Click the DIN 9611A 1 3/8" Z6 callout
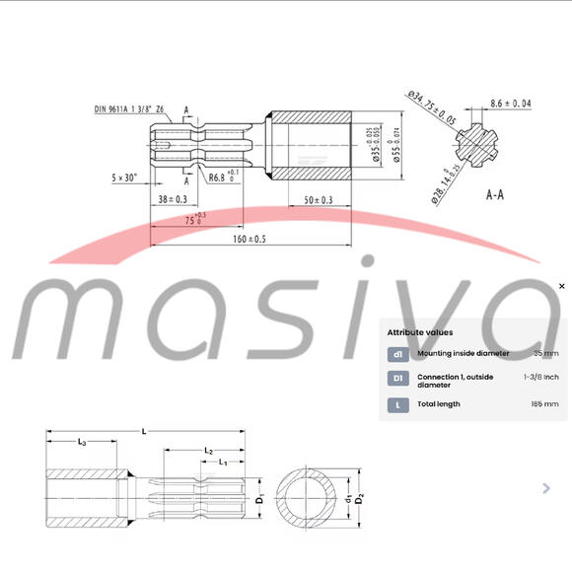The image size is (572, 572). (129, 109)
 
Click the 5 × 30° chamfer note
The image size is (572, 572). (123, 178)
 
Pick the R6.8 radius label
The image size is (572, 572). (224, 178)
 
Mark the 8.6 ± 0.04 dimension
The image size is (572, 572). (510, 103)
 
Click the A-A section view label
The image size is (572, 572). (495, 195)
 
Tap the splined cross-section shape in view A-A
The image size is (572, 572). (483, 145)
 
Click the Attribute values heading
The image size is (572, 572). (420, 333)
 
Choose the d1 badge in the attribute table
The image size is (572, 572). (397, 353)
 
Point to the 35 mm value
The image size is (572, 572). (545, 353)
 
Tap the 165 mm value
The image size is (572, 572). (544, 403)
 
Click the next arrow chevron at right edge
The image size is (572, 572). (547, 487)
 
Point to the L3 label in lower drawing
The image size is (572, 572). (82, 444)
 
